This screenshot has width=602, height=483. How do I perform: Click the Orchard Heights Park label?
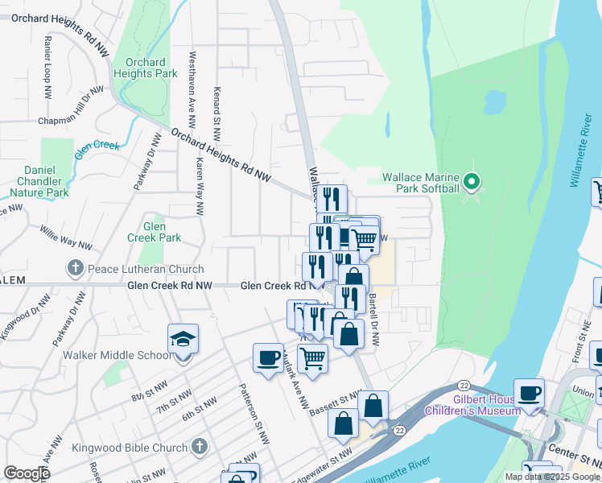146,68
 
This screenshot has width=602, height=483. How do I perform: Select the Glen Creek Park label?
154,232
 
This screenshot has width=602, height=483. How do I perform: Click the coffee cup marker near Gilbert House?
529,394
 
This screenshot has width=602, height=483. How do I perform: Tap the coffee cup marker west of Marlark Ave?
268,358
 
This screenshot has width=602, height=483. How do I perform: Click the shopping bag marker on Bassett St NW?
373,406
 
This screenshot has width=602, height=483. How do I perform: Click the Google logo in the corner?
27,473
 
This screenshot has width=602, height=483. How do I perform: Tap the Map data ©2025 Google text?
551,477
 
